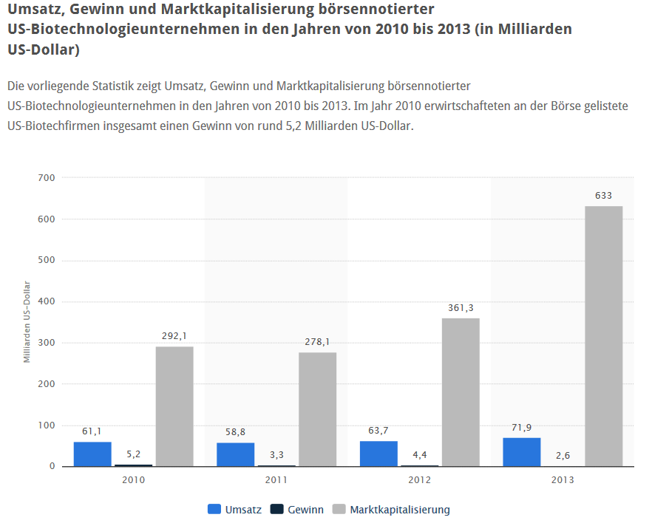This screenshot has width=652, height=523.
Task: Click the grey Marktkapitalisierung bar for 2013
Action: [603, 336]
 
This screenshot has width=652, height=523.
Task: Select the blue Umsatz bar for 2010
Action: [92, 454]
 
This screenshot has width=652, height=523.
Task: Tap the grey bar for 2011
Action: [317, 409]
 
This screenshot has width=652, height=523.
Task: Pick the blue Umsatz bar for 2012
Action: [378, 454]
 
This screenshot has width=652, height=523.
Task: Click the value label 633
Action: [603, 196]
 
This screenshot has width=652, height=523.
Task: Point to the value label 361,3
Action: [461, 308]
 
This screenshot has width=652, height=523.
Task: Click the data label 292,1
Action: [174, 336]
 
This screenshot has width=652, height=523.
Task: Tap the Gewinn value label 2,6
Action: [562, 456]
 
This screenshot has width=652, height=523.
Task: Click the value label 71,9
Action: [521, 428]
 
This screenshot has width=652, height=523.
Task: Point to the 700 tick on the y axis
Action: [46, 178]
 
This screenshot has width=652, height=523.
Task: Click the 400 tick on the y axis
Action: [46, 301]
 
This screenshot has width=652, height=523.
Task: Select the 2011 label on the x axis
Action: [276, 479]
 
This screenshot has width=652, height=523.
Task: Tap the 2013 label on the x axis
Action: [563, 479]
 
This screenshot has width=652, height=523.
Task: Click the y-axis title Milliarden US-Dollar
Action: [27, 322]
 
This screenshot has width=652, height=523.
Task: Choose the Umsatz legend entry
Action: [235, 510]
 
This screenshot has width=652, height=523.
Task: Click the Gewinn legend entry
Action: [297, 510]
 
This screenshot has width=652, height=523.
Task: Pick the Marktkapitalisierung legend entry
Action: [391, 510]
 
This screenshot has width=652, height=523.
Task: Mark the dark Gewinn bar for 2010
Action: [133, 465]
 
